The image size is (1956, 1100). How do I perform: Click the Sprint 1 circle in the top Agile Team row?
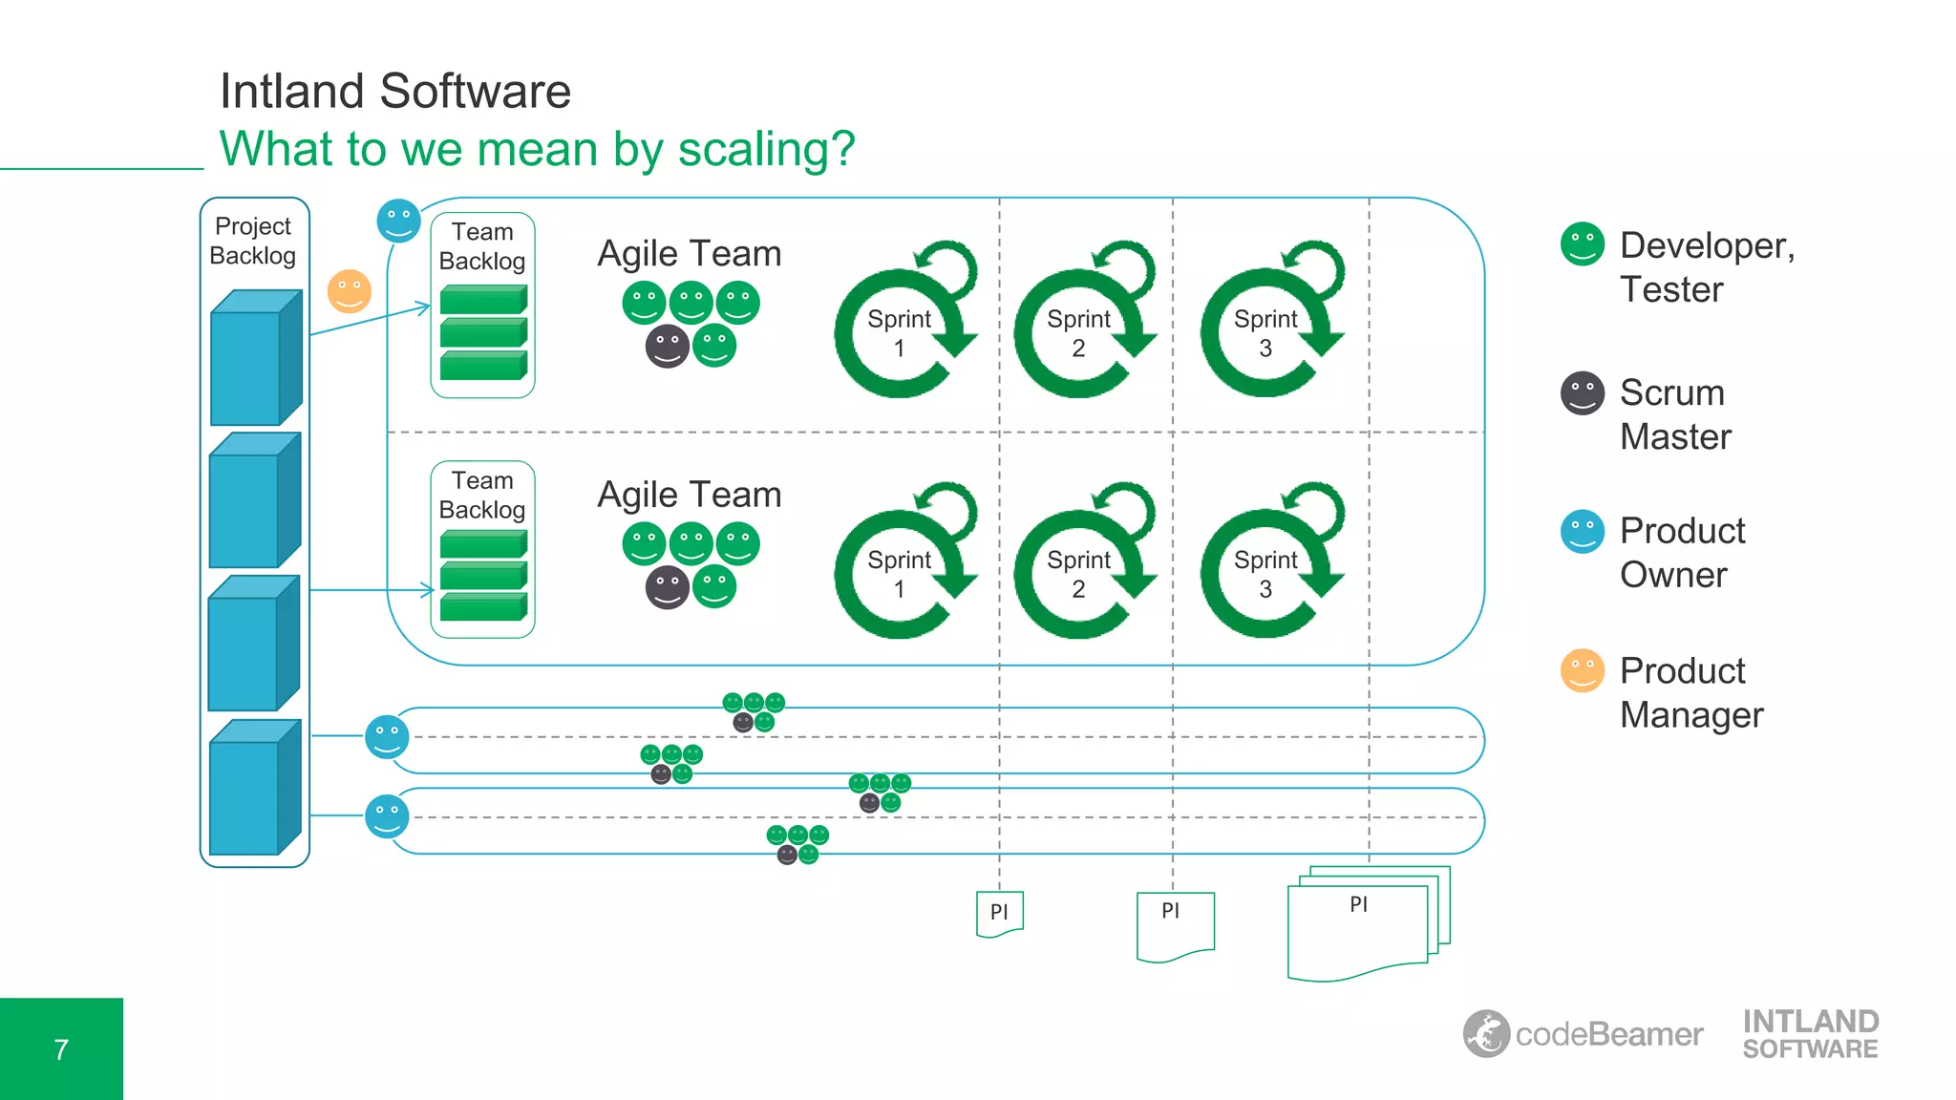(x=899, y=333)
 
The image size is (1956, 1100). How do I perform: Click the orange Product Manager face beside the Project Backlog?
(x=350, y=291)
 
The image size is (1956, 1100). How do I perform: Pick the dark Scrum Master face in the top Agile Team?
(x=667, y=346)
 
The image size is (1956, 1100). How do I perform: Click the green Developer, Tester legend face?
(x=1582, y=244)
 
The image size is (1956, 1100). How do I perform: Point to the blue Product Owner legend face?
(x=1582, y=531)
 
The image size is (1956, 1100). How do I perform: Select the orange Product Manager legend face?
(x=1582, y=670)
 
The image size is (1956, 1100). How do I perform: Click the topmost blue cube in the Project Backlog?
(x=255, y=358)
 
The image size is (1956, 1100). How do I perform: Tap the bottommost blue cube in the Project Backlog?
(x=254, y=788)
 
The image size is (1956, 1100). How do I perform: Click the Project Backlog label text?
(x=253, y=241)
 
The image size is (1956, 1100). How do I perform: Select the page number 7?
(x=61, y=1049)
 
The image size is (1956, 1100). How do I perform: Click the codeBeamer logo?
(x=1582, y=1034)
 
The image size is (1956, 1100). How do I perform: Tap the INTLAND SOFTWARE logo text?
(x=1810, y=1034)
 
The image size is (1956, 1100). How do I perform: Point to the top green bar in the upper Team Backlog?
(x=483, y=300)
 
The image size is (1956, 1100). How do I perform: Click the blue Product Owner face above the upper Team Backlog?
(x=398, y=221)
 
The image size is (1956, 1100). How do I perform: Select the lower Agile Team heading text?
(x=689, y=495)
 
